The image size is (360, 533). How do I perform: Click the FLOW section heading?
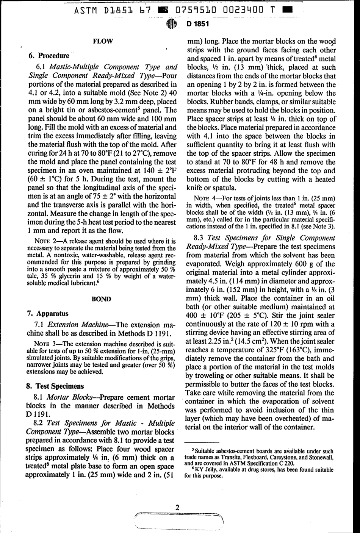(x=102, y=41)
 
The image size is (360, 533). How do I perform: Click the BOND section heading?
(x=102, y=299)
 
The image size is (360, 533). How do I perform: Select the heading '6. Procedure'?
(x=49, y=56)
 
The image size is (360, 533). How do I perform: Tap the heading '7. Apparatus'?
(x=48, y=313)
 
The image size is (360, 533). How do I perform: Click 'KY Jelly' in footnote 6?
(x=206, y=470)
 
